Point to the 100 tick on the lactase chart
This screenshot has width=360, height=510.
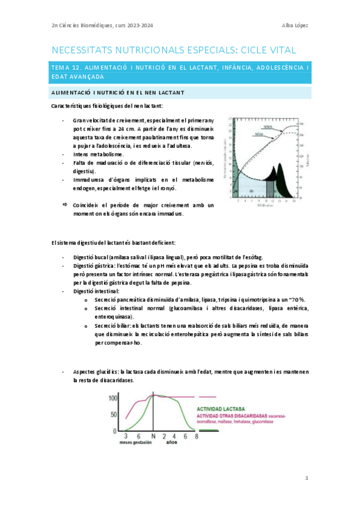point(114,398)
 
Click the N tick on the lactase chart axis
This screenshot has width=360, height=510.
point(153,436)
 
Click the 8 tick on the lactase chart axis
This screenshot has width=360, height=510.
point(195,436)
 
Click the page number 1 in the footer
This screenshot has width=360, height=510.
point(307,478)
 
